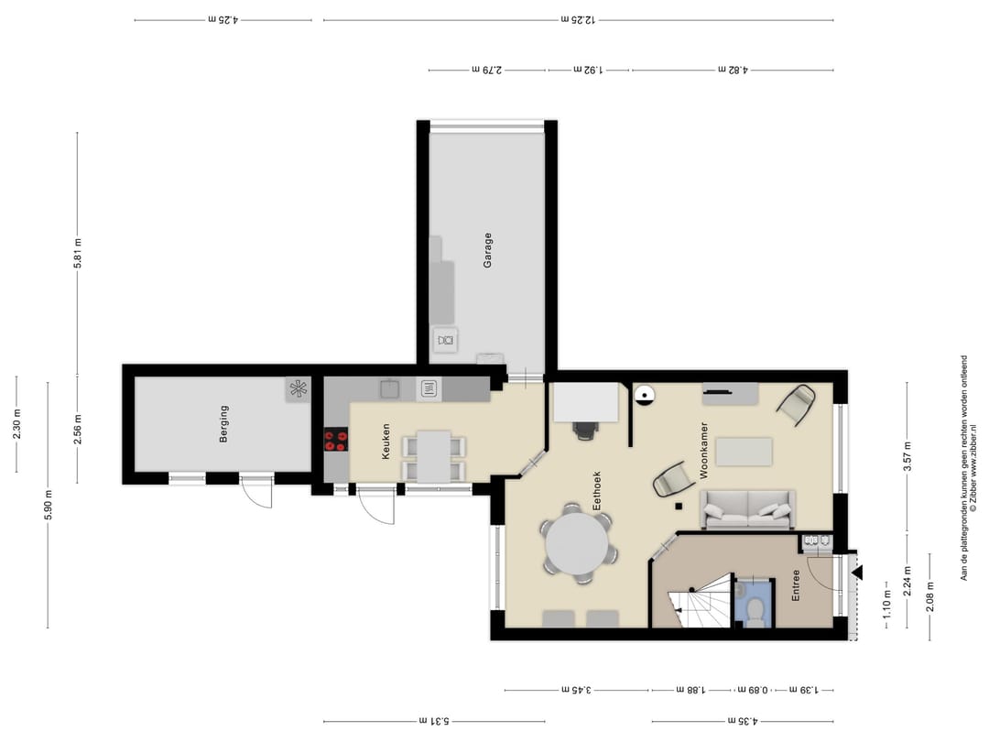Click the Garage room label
487,250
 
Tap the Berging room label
223,424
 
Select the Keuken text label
386,441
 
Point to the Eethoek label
597,491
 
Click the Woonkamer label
704,451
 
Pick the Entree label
796,585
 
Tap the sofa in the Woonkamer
747,509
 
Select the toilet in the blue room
754,610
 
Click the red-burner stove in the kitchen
336,439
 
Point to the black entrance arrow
856,573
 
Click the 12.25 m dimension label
579,19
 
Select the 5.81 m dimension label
78,253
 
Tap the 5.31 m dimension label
434,721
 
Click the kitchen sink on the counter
388,389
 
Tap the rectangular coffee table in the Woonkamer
744,452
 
